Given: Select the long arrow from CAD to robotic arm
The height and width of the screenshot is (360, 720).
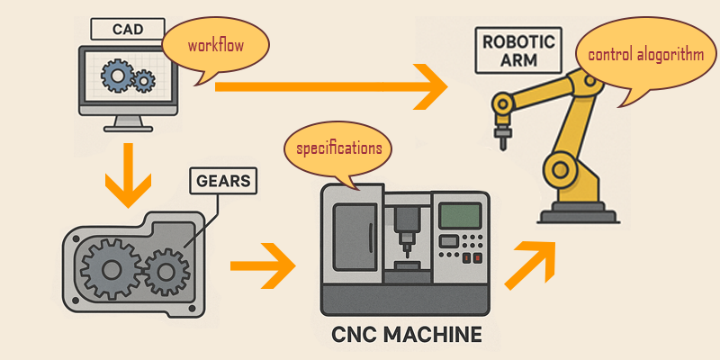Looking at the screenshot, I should pyautogui.click(x=333, y=87).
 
